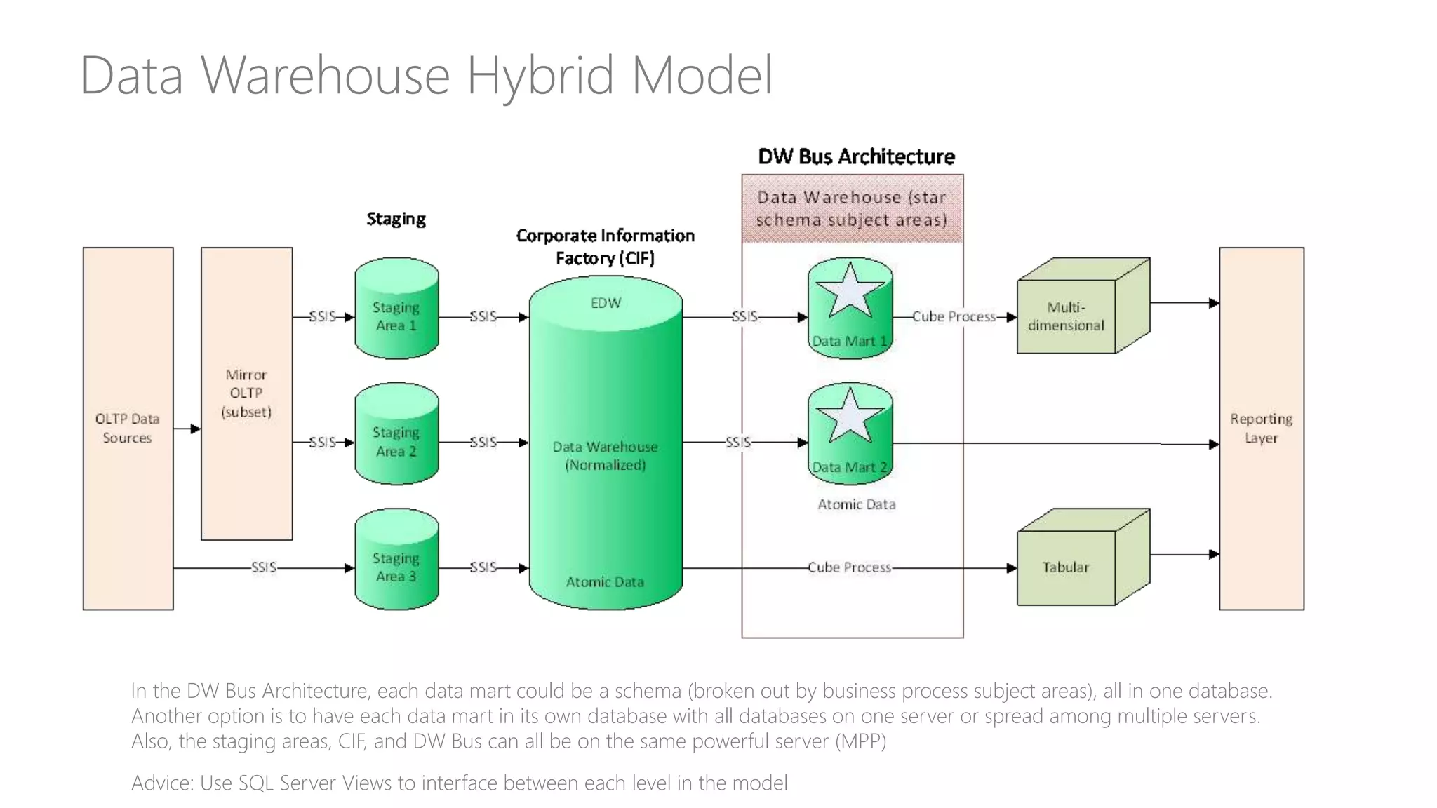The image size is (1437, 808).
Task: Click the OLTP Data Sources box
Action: pyautogui.click(x=128, y=428)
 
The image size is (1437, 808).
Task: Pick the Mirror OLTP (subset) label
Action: pyautogui.click(x=246, y=393)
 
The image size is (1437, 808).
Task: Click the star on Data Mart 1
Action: pyautogui.click(x=850, y=290)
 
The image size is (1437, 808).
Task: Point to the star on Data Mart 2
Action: pyautogui.click(x=850, y=416)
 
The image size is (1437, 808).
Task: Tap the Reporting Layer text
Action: pyautogui.click(x=1261, y=428)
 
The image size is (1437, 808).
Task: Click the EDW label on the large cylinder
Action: pyautogui.click(x=606, y=303)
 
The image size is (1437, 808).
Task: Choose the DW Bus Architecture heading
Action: pyautogui.click(x=856, y=156)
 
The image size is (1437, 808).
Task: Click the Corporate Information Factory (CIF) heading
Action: pyautogui.click(x=606, y=247)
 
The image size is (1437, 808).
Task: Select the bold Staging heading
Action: pyautogui.click(x=396, y=219)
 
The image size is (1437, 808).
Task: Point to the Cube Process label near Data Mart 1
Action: pyautogui.click(x=954, y=317)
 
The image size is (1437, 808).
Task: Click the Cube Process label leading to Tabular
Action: pyautogui.click(x=849, y=567)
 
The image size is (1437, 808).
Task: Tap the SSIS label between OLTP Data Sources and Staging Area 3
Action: pyautogui.click(x=264, y=567)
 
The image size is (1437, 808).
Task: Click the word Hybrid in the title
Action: pyautogui.click(x=541, y=76)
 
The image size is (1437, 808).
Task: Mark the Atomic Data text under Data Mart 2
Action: pyautogui.click(x=856, y=504)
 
